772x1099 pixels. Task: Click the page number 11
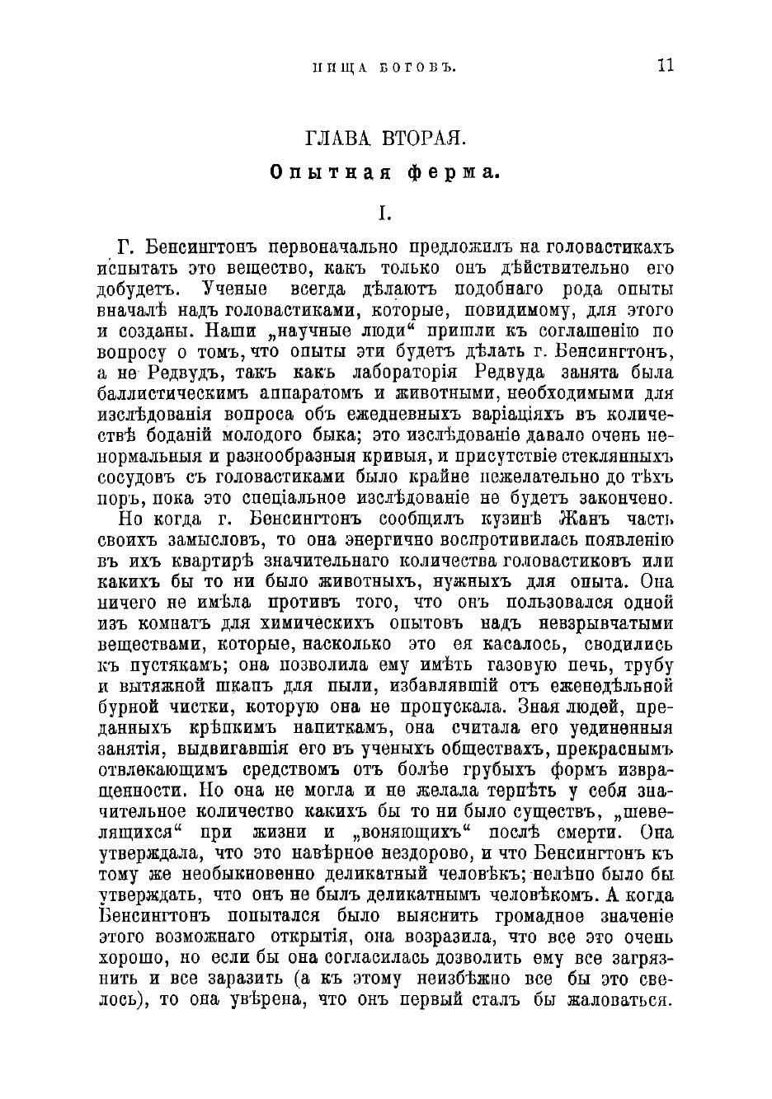tap(666, 66)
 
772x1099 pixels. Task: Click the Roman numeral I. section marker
tap(383, 213)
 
